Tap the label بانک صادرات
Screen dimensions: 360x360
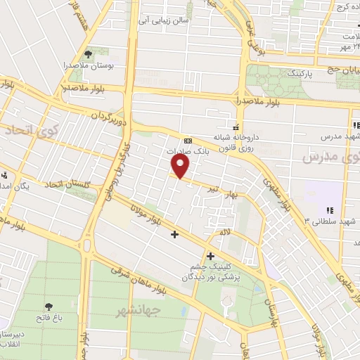tap(184, 151)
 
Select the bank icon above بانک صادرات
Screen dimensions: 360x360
tap(184, 140)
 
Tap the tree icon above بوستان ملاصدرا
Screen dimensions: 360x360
tap(88, 53)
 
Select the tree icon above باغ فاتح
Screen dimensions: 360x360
tap(49, 306)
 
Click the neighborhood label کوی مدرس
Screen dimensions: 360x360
tap(326, 157)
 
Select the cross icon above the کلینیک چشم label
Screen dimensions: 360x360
tap(210, 256)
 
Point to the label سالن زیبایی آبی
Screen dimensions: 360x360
tap(165, 21)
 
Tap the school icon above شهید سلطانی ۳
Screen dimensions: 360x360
tap(328, 210)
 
